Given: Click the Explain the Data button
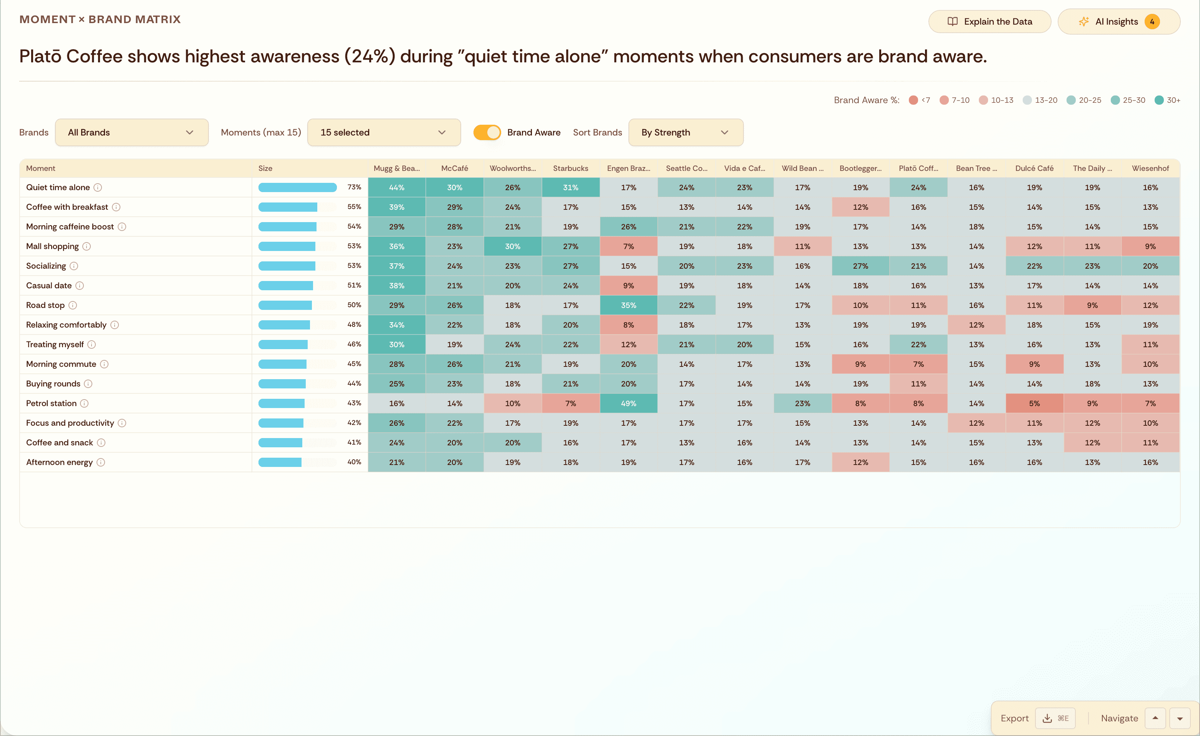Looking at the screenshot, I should click(989, 22).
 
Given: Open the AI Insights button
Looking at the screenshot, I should click(1118, 22).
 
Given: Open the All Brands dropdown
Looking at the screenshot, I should click(132, 132).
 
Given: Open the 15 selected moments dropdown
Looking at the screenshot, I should click(383, 132).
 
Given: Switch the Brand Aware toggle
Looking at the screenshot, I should click(487, 132).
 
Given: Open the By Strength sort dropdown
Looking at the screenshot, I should click(685, 132).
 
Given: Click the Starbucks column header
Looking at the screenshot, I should click(570, 168).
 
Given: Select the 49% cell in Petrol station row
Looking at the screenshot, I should click(628, 403).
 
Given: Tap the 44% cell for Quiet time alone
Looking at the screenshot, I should click(397, 187).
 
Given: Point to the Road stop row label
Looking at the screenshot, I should click(45, 305).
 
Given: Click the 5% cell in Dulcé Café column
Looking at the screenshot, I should click(1034, 403).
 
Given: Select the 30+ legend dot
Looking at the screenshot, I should click(1159, 100).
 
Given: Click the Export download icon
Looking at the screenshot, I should click(1047, 718).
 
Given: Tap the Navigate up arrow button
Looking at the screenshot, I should click(1155, 718).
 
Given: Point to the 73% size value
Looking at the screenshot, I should click(354, 187).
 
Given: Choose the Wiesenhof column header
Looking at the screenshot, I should click(1150, 168).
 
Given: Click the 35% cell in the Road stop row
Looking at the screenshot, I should click(628, 305).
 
